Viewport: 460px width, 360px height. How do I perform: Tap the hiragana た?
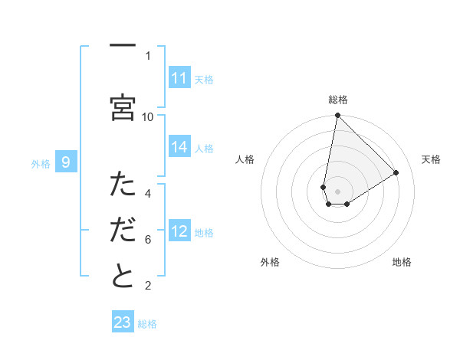tap(123, 184)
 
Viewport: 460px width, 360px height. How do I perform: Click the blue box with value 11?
tap(179, 78)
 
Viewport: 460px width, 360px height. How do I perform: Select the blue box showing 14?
tap(179, 148)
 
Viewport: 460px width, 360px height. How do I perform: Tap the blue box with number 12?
tap(179, 232)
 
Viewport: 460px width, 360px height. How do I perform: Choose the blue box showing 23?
tap(123, 322)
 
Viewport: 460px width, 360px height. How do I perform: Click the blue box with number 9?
tap(66, 162)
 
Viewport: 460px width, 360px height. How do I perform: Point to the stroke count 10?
tap(148, 116)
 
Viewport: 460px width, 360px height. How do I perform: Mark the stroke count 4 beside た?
tap(148, 193)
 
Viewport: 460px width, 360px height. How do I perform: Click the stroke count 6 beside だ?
tap(148, 240)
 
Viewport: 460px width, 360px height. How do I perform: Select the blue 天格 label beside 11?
tap(204, 79)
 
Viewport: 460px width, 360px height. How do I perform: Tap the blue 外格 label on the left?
tap(41, 163)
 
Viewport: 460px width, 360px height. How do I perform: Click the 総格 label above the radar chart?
tap(337, 100)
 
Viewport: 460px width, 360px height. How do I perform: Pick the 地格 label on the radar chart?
tap(402, 262)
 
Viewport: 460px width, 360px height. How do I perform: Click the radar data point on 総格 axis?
tap(337, 116)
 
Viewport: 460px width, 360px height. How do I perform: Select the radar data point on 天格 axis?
tap(396, 173)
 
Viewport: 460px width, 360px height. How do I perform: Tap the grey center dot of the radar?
tap(337, 191)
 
